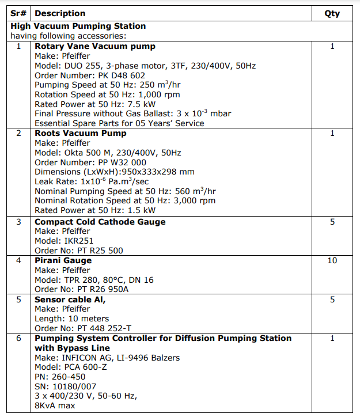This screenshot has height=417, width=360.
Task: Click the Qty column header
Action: [332, 13]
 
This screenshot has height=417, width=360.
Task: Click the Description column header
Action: [60, 13]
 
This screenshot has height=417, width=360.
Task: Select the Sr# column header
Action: [20, 13]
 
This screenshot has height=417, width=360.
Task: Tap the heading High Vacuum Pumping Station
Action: [78, 26]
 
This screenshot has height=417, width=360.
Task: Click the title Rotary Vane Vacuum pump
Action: [95, 46]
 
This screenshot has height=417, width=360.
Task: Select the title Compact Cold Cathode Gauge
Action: [100, 222]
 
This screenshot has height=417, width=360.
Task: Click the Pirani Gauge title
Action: [63, 260]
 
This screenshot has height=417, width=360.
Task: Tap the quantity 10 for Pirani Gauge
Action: [332, 260]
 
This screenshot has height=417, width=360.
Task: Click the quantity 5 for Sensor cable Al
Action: [332, 300]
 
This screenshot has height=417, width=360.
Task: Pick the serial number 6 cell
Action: [20, 338]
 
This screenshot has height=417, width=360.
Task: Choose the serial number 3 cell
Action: [20, 222]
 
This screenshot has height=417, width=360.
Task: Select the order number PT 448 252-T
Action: [107, 328]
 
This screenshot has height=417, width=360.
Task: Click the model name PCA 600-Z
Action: [84, 367]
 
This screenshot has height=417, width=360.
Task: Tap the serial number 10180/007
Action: [77, 386]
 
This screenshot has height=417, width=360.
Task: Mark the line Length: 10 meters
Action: [71, 319]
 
